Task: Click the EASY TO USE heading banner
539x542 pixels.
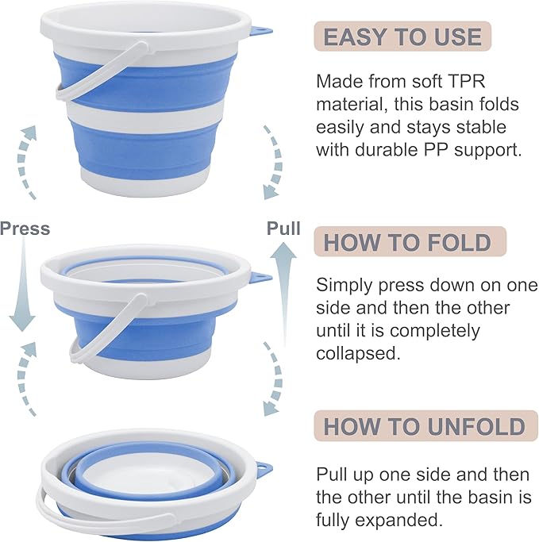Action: (402, 37)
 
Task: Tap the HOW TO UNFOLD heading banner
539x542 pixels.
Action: (424, 426)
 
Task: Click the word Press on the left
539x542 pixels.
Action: (25, 229)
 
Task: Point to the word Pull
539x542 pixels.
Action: (283, 229)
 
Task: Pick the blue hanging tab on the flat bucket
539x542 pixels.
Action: (261, 471)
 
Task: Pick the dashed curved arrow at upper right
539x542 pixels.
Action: (272, 159)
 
